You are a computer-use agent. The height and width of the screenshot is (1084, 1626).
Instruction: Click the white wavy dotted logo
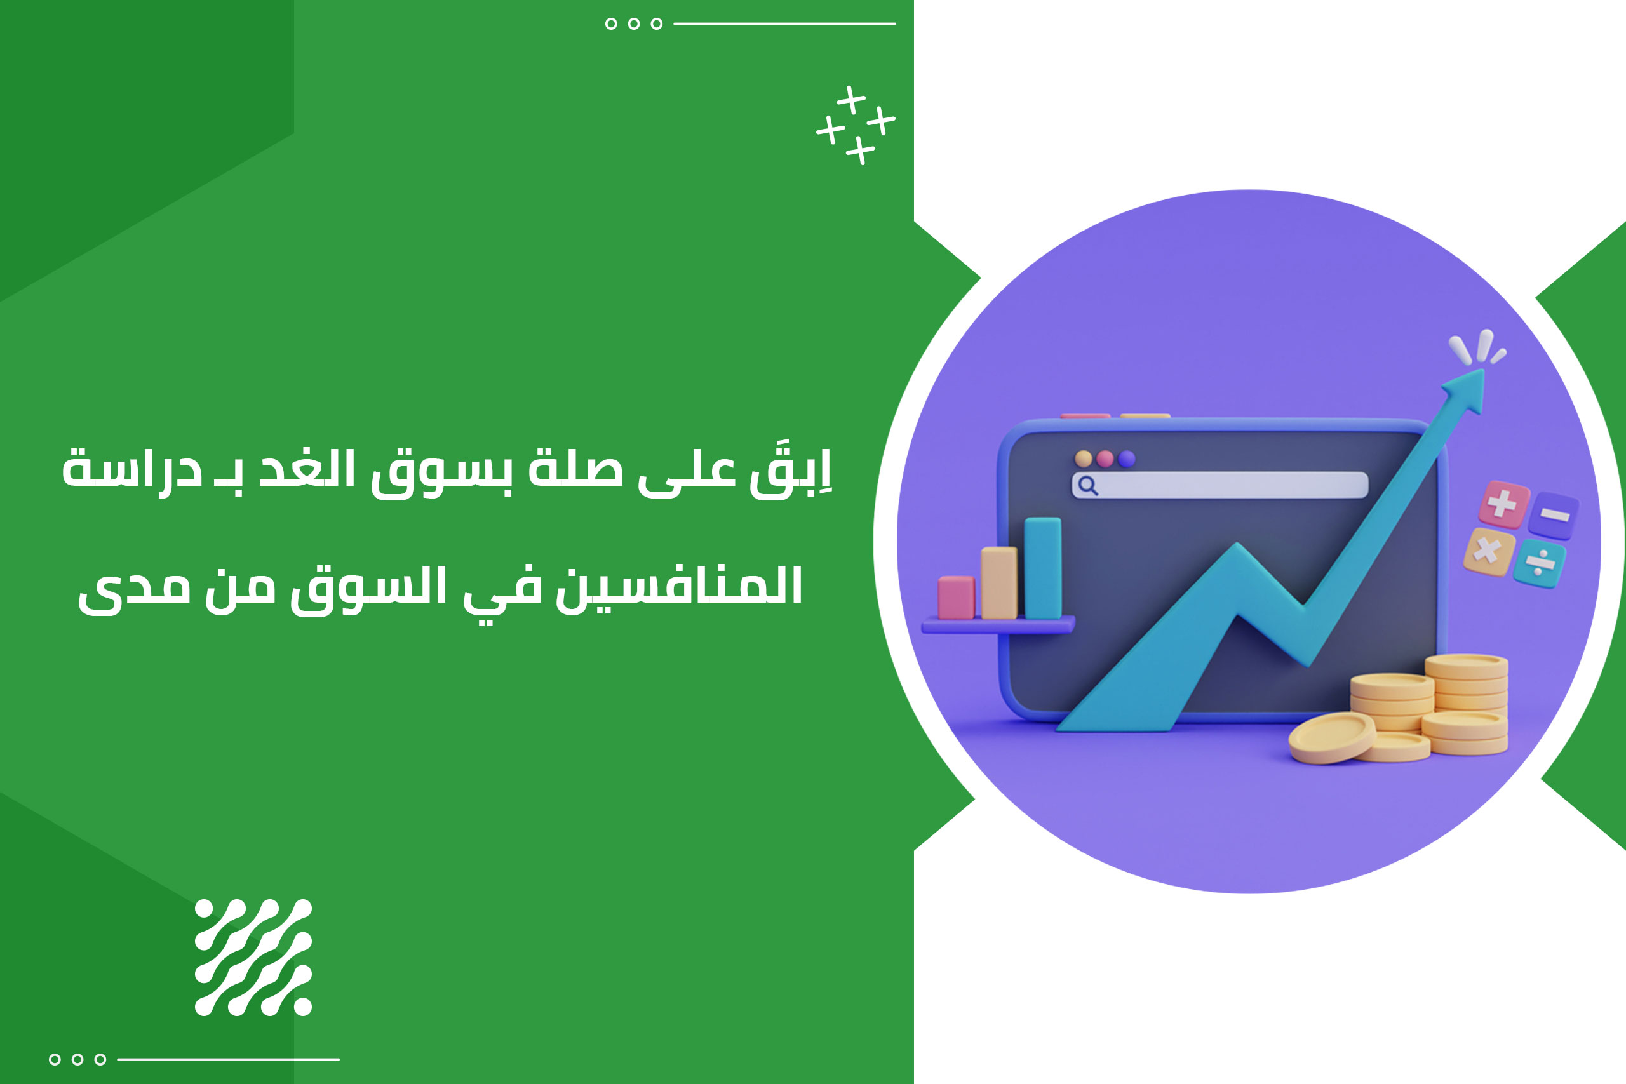tap(253, 958)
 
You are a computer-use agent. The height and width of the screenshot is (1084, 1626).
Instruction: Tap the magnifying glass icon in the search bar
tap(1087, 485)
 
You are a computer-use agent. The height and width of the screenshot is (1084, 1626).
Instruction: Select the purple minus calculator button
tap(1553, 515)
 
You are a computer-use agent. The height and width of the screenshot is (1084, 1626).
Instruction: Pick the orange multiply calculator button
tap(1488, 552)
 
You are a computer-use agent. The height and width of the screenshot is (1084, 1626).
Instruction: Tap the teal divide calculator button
tap(1539, 563)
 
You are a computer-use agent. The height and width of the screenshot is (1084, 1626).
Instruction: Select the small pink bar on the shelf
tap(956, 598)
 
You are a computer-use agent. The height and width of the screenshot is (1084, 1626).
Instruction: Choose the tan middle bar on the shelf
tap(999, 583)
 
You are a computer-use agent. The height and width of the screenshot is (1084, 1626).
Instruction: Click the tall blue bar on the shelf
tap(1042, 568)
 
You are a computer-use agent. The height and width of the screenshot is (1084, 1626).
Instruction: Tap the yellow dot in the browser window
tap(1084, 458)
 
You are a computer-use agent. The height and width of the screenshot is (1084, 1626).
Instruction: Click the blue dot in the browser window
tap(1127, 458)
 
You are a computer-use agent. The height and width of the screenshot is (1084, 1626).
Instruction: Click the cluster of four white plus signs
tap(856, 125)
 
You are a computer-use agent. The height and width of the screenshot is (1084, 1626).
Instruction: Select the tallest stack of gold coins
tap(1467, 704)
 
